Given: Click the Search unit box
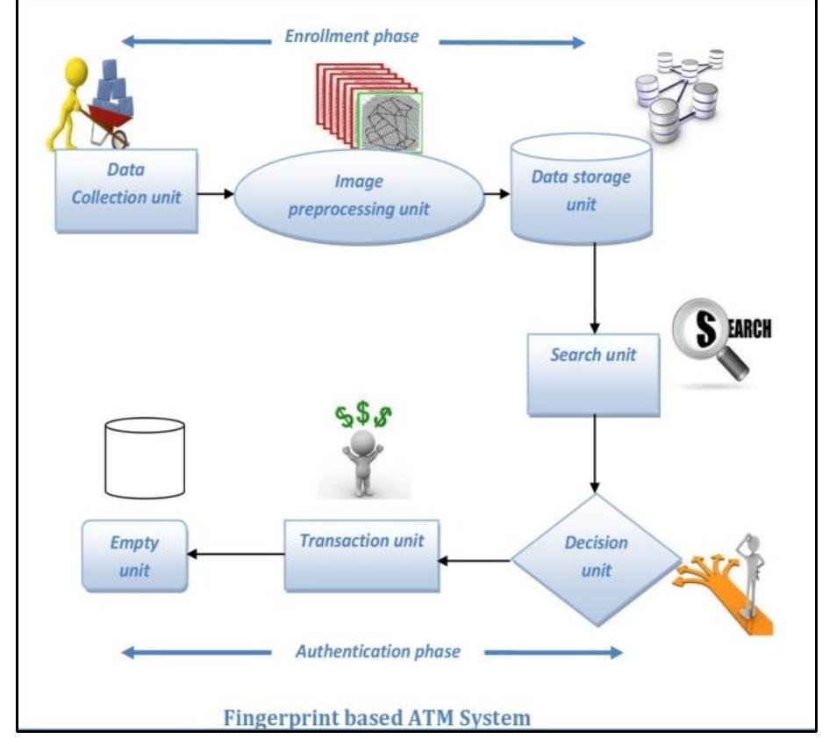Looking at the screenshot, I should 593,374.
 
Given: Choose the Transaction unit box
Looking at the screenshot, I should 361,555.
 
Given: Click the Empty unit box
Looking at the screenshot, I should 135,556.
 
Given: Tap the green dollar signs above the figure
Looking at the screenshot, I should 363,415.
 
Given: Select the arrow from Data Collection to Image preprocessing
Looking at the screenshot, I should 216,193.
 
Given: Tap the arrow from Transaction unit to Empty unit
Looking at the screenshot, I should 235,554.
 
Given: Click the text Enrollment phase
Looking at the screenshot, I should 353,39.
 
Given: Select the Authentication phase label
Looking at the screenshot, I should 377,651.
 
